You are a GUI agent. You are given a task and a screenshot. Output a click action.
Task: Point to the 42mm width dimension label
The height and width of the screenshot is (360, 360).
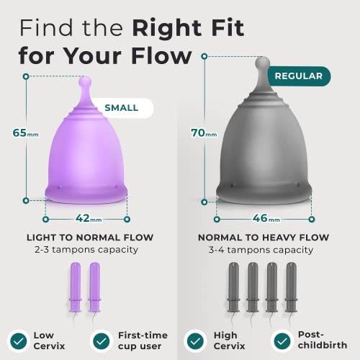coord(86,217)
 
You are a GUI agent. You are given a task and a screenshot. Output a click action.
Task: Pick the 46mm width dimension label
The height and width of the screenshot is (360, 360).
coord(266,217)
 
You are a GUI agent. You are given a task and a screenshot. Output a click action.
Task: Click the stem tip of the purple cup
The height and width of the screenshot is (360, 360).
coord(86,81)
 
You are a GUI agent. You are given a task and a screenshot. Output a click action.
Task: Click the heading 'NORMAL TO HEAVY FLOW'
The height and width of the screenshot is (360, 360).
coord(264,237)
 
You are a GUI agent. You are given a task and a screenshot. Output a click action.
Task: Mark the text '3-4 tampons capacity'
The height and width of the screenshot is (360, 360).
coord(264,249)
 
